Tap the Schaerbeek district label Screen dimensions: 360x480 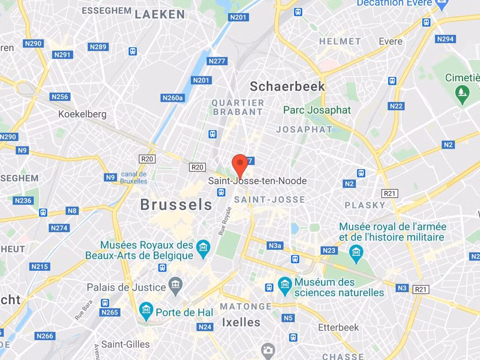click(287, 86)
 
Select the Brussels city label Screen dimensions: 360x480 click(176, 205)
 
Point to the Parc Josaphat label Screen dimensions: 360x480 click(317, 111)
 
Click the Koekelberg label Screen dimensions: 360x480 click(82, 114)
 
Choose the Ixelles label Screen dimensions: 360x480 click(241, 322)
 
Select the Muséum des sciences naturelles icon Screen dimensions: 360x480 click(285, 284)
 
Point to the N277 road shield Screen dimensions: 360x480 click(217, 61)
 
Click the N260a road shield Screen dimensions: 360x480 click(172, 98)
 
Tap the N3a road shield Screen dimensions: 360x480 click(275, 246)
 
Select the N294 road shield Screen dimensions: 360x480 click(445, 39)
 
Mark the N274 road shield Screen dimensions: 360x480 click(59, 228)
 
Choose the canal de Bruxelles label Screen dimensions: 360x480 click(134, 178)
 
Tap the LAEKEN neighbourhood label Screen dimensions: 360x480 click(160, 15)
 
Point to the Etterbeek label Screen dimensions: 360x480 click(338, 327)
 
